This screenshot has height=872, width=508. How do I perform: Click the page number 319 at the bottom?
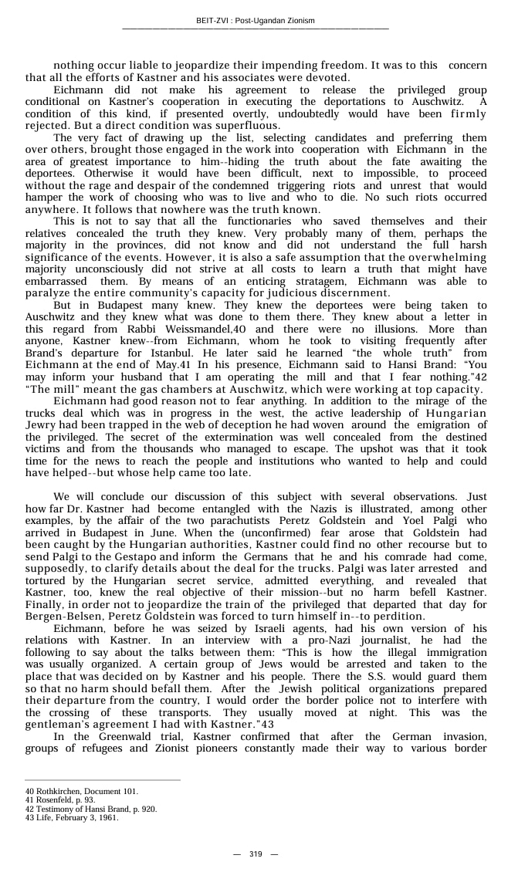(256, 853)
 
